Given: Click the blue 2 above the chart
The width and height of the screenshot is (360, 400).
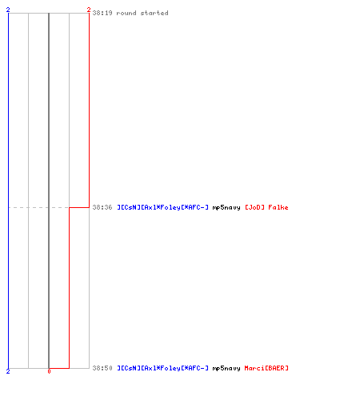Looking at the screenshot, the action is [x=8, y=10].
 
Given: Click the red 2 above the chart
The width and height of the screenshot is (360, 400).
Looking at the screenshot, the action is [x=89, y=10].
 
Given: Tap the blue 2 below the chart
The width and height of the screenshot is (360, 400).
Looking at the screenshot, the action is [x=8, y=371].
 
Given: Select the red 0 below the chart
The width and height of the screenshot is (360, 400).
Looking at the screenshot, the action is [x=49, y=371].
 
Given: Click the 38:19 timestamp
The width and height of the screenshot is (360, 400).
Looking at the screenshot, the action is [x=102, y=13].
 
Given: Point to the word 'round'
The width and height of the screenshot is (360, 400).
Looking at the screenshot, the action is [x=126, y=13].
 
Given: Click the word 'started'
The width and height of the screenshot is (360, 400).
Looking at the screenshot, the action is [x=154, y=13].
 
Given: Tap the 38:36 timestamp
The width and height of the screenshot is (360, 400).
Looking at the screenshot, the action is [x=102, y=207].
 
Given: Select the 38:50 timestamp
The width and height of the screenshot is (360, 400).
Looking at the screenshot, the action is [x=102, y=368].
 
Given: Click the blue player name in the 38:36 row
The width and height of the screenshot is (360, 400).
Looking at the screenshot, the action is [x=163, y=207].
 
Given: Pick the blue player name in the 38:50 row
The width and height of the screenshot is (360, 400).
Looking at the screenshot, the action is [x=163, y=368].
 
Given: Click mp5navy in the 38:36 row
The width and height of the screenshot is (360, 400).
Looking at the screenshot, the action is [x=226, y=207].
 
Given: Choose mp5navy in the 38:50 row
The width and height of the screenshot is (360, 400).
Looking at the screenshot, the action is [x=226, y=368].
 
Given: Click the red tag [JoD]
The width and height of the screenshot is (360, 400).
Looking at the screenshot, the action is [x=254, y=207].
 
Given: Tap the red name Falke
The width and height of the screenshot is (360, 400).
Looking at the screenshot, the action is [x=278, y=207].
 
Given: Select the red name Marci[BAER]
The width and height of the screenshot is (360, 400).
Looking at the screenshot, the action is [x=266, y=368].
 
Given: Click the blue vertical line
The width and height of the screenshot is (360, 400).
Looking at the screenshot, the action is [x=9, y=190].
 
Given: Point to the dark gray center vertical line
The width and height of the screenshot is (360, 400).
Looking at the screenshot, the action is [x=49, y=190].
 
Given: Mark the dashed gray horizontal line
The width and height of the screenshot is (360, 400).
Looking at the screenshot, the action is [x=39, y=207].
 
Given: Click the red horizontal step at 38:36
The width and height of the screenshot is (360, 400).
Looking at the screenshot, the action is [x=79, y=207].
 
